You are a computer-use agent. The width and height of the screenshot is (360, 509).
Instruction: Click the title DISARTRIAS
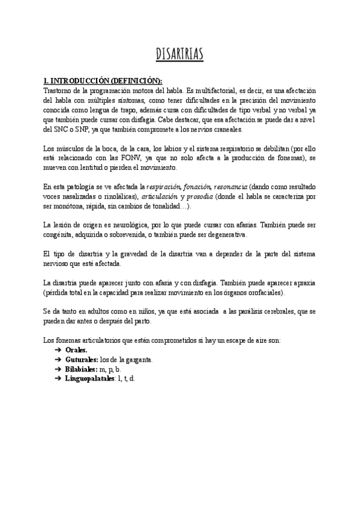tap(180, 55)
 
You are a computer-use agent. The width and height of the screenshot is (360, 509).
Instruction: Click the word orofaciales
tap(263, 292)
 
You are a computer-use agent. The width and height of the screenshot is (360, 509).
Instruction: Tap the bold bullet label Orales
tap(76, 350)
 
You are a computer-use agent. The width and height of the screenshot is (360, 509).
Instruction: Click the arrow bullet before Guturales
tap(58, 360)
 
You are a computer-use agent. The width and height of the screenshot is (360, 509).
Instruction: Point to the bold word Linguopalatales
tap(91, 379)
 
